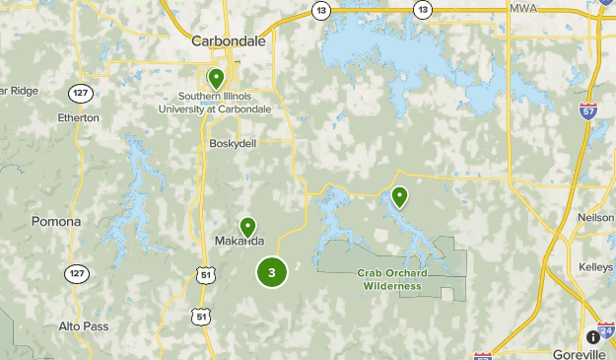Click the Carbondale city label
coord(228,41)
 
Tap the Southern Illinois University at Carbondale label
coord(216,103)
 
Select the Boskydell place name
coord(233,143)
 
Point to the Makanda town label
coord(240,242)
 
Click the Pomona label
coord(56,221)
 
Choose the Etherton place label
coord(79,117)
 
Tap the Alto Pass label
coord(83,325)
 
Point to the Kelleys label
coord(596,267)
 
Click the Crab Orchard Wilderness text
coord(391,280)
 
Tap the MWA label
coord(524,8)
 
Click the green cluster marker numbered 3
coord(272,271)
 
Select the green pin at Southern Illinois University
coord(216,76)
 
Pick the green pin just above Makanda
coord(247,226)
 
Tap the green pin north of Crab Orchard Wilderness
coord(399,196)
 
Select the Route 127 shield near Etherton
coord(80,94)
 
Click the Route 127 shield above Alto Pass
coord(77,272)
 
